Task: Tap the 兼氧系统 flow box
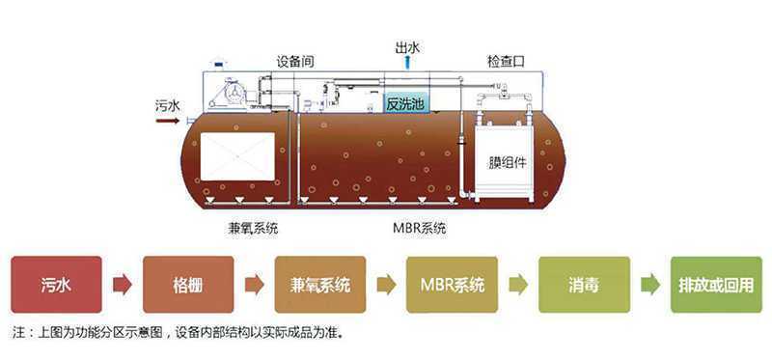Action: [x=319, y=285]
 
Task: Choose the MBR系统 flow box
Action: [x=452, y=285]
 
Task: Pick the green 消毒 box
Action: [x=584, y=285]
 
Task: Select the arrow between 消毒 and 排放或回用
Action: [x=650, y=285]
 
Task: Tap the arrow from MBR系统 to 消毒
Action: [x=518, y=285]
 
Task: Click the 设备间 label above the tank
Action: [x=296, y=62]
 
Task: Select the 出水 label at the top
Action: [x=408, y=47]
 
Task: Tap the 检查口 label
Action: [x=506, y=62]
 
